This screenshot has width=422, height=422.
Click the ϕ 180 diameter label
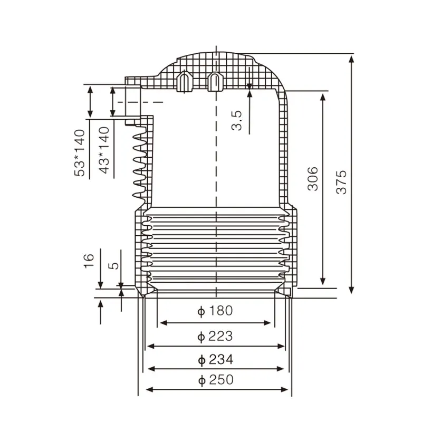[215, 311]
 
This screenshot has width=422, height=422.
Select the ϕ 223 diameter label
[215, 335]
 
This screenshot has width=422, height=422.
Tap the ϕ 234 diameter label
[215, 360]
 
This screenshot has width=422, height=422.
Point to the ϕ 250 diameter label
[215, 379]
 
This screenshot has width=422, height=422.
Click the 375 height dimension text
[342, 182]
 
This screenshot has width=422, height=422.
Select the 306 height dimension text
[313, 179]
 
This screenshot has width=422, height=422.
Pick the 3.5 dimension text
[237, 120]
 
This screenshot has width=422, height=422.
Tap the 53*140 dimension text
[80, 152]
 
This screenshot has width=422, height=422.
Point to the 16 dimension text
[89, 260]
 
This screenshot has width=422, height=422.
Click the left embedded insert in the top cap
[184, 81]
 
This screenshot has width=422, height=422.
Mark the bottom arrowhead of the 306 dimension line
[323, 282]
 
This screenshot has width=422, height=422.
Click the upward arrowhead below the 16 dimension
[100, 304]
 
